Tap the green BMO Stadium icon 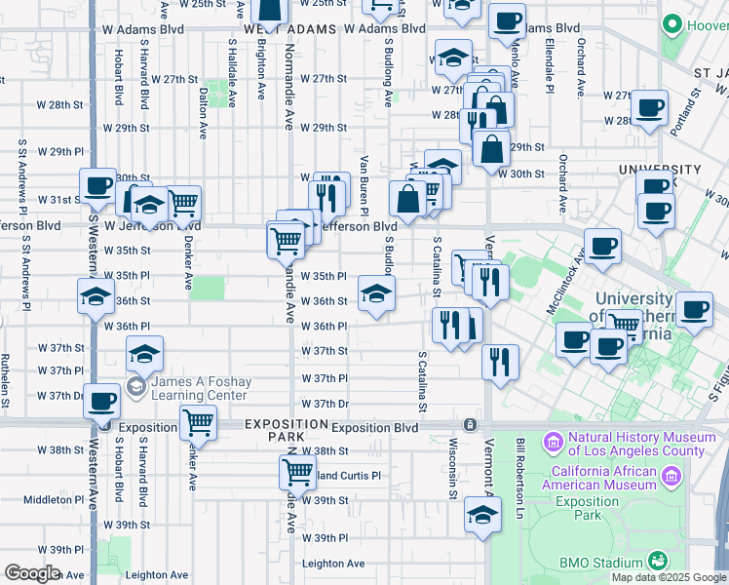pos(659,561)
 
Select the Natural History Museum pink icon pos(553,444)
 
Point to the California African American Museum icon pos(670,476)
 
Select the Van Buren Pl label pos(364,185)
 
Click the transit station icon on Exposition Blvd pos(470,425)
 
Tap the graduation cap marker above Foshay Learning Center pos(144,356)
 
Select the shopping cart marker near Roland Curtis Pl pos(296,473)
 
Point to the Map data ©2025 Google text pos(669,577)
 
